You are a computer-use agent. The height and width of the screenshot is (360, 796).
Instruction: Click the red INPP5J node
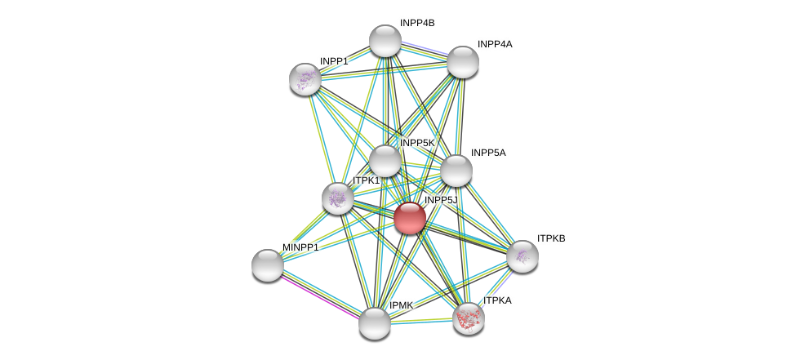click(x=410, y=218)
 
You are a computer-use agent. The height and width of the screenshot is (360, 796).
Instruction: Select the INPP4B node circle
click(x=385, y=41)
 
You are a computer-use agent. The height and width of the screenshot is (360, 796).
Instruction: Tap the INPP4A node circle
click(x=462, y=62)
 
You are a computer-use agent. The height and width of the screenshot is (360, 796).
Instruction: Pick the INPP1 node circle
click(x=305, y=79)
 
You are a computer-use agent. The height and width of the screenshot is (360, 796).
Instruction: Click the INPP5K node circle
click(x=385, y=161)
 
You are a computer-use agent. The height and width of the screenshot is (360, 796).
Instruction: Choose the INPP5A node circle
click(x=456, y=171)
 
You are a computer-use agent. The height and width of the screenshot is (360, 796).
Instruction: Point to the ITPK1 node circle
click(x=338, y=198)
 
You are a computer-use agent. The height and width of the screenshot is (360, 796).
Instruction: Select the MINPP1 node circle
click(x=268, y=264)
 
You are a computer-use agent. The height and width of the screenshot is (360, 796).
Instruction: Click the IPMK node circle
click(x=375, y=323)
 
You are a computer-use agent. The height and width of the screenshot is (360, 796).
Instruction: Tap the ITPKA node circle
click(x=469, y=318)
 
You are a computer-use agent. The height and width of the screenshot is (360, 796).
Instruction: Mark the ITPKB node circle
click(x=523, y=256)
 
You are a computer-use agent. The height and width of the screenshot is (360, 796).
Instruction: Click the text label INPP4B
click(x=417, y=23)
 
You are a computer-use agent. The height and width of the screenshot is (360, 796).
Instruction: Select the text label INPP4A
click(x=495, y=44)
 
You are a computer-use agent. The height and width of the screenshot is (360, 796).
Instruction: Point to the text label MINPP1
click(x=300, y=247)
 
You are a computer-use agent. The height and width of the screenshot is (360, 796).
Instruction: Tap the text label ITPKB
click(x=551, y=238)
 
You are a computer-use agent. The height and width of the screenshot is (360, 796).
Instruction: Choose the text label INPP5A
click(x=488, y=153)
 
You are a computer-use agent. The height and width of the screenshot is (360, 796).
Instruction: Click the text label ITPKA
click(x=497, y=300)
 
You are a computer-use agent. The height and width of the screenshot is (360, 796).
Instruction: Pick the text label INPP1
click(x=334, y=61)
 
